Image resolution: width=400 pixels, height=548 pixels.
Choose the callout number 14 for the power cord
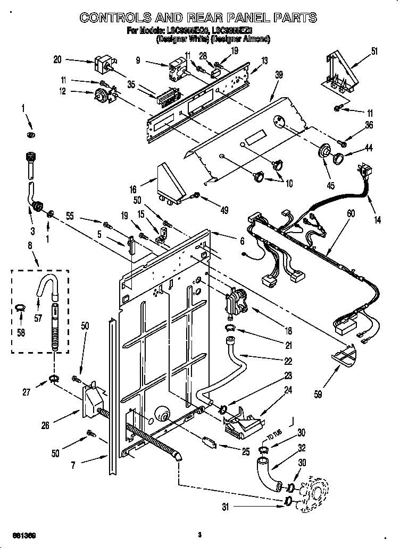(x=377, y=220)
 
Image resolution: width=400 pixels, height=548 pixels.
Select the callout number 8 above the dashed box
(x=30, y=246)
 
